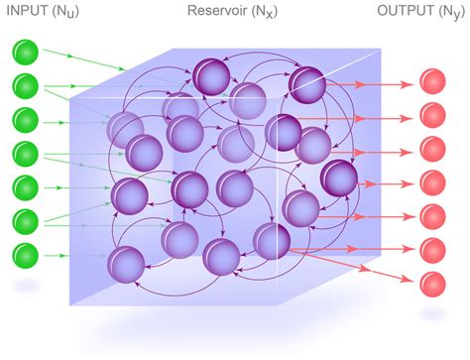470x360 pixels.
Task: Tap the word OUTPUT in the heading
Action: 407,13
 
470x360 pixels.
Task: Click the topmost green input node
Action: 26,52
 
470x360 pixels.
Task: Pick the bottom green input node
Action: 26,253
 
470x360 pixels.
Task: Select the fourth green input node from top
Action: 26,154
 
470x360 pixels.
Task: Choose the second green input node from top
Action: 26,85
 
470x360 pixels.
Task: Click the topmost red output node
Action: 432,82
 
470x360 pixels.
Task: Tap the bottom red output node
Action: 432,282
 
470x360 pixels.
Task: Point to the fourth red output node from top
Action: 432,182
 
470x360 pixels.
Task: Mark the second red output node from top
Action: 432,115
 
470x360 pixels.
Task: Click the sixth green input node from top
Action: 26,220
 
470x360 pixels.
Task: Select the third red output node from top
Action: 432,149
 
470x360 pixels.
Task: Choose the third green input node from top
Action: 26,119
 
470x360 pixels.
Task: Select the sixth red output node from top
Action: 432,249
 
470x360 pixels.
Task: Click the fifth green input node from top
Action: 26,187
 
